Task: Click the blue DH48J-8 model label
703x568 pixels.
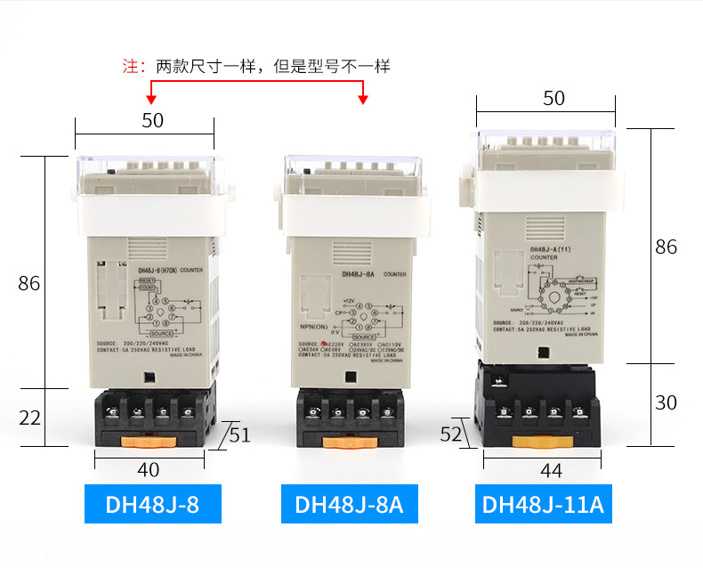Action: point(152,503)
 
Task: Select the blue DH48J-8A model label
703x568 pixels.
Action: point(349,503)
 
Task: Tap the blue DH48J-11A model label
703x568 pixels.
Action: point(543,503)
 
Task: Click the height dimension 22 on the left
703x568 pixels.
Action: point(29,418)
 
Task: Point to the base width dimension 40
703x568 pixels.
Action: point(149,469)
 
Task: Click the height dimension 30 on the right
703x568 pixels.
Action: point(666,402)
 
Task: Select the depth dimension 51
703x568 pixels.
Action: point(240,435)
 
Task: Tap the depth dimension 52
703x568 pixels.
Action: point(451,434)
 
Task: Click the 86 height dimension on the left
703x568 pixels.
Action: point(29,283)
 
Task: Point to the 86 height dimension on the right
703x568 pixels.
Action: point(666,247)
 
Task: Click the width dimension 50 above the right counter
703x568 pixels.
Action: point(554,99)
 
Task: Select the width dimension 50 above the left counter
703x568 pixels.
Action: point(152,120)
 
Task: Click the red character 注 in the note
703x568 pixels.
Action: point(131,66)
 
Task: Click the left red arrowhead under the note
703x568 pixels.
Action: point(152,99)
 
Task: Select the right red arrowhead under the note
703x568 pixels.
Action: point(363,99)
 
